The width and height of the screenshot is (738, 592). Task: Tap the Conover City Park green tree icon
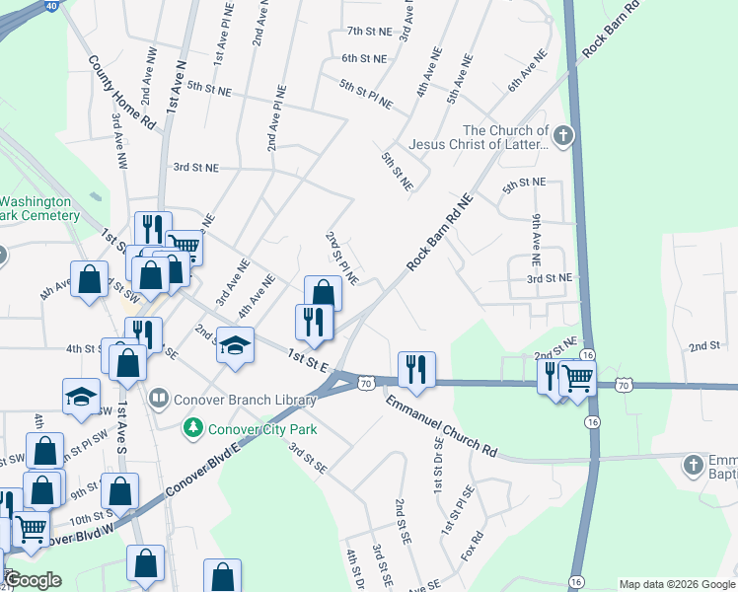(194, 427)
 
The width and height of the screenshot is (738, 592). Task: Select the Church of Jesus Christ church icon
(563, 136)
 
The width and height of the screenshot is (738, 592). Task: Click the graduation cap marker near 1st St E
(235, 345)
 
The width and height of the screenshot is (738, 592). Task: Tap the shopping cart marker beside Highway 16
(577, 378)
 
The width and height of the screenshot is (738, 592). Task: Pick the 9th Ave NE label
(536, 240)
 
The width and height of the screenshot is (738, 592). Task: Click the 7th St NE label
(369, 32)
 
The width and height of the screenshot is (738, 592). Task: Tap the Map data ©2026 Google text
(676, 584)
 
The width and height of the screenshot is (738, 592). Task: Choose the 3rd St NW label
(194, 168)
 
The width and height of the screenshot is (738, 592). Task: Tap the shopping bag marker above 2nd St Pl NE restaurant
(323, 293)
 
